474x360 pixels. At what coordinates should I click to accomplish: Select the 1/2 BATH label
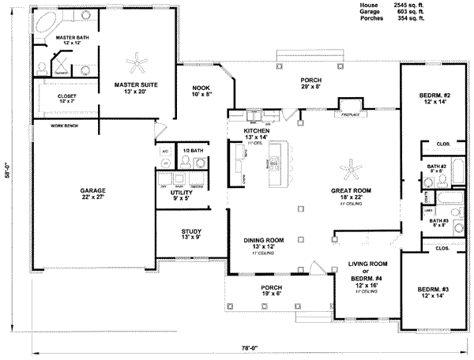click(x=192, y=150)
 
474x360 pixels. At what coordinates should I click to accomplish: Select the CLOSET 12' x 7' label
click(x=67, y=99)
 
